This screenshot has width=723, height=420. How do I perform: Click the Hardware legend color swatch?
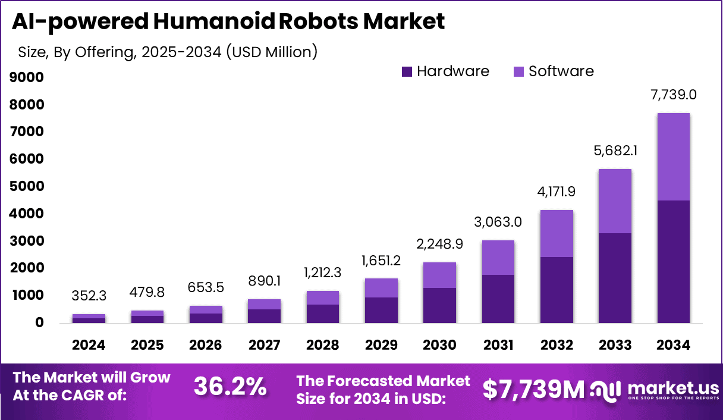pyautogui.click(x=407, y=72)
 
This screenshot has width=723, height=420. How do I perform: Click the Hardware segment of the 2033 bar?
pyautogui.click(x=615, y=278)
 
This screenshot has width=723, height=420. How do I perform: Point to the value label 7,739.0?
pyautogui.click(x=673, y=95)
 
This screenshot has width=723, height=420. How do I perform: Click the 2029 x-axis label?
pyautogui.click(x=381, y=346)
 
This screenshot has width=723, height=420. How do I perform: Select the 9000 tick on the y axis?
pyautogui.click(x=26, y=77)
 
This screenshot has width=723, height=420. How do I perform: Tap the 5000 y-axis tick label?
pyautogui.click(x=26, y=186)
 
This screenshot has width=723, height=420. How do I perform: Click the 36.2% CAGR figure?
pyautogui.click(x=230, y=388)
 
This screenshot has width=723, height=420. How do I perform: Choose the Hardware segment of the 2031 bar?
pyautogui.click(x=498, y=299)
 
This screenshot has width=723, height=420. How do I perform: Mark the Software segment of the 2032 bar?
pyautogui.click(x=557, y=233)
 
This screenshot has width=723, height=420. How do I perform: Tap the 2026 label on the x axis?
pyautogui.click(x=206, y=346)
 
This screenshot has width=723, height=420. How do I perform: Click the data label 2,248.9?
pyautogui.click(x=439, y=245)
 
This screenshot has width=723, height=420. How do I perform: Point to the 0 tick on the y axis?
pyautogui.click(x=39, y=323)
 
